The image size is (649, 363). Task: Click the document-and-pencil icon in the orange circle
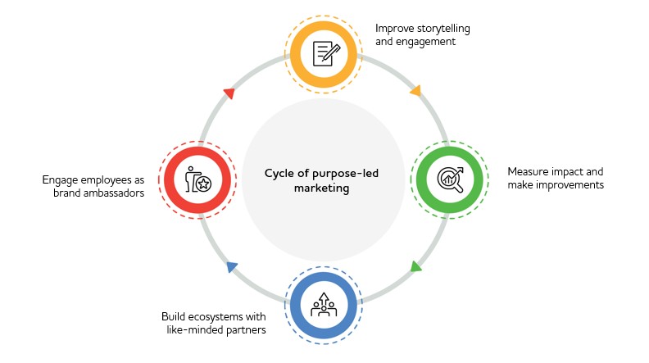[324, 54]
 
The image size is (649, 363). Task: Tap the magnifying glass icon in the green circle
[450, 179]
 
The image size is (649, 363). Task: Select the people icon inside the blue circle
[324, 302]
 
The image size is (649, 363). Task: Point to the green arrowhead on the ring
[415, 266]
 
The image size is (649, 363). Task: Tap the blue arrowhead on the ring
[232, 266]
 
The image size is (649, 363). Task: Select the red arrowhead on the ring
[229, 93]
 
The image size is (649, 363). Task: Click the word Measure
[529, 172]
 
